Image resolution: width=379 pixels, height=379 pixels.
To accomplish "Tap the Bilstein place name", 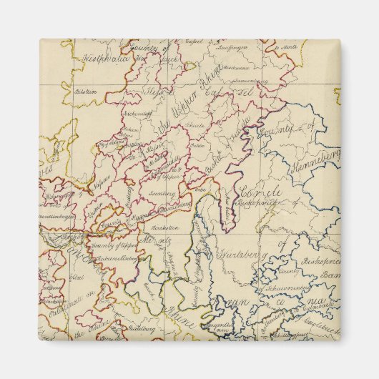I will (x=85, y=92).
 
